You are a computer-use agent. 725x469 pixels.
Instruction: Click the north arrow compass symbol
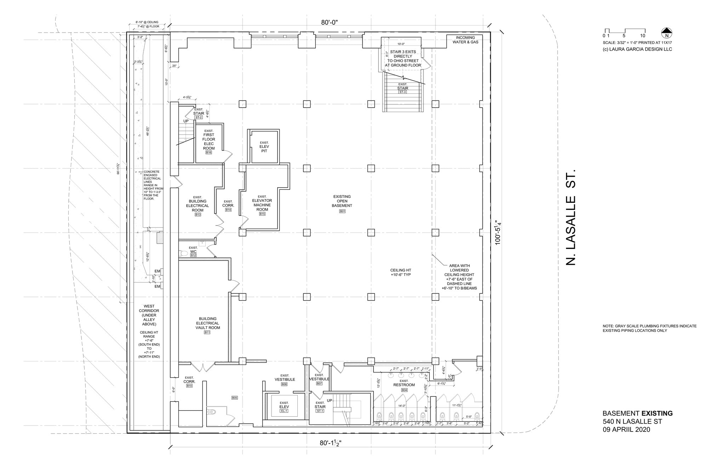pos(667,33)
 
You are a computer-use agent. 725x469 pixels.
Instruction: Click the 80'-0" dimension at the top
pos(330,23)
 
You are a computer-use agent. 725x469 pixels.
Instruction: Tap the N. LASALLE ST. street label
pos(570,217)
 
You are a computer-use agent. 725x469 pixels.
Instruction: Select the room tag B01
pos(342,211)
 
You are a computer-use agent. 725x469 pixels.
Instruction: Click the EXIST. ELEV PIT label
pos(264,149)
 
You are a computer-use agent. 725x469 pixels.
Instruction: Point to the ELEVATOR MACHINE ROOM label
pos(262,205)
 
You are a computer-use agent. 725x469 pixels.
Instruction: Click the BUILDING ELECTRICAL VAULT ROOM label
pos(207,323)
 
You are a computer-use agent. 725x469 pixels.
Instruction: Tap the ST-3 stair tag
pos(403,92)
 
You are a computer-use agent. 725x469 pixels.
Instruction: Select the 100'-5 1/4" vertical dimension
pos(499,233)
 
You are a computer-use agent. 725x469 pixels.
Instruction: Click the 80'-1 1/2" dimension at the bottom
pos(330,443)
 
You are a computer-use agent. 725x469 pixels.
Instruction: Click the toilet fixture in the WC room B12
pos(183,253)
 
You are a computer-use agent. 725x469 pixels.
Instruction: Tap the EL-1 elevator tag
pos(284,411)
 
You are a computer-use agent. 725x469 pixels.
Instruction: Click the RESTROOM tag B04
pos(404,390)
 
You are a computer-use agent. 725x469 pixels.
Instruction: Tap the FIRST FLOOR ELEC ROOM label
pos(209,142)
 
